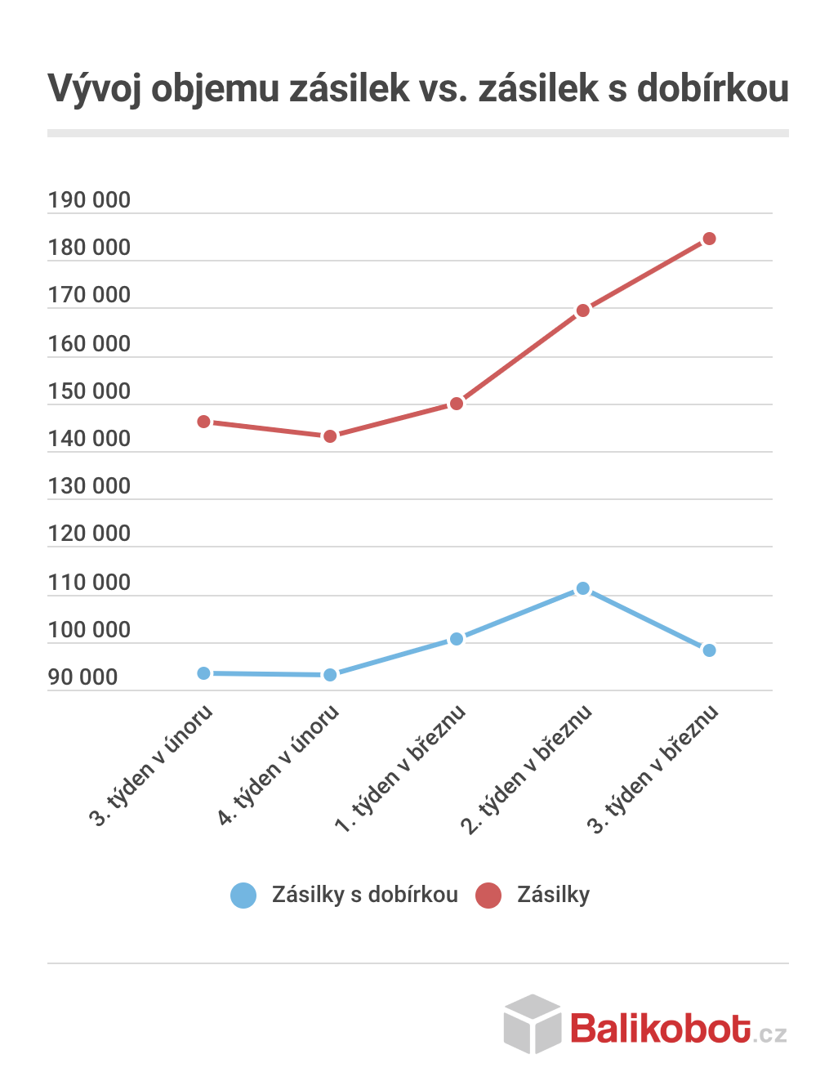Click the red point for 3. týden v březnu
pyautogui.click(x=709, y=239)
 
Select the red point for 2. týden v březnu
pyautogui.click(x=582, y=310)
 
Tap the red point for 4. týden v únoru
pyautogui.click(x=330, y=436)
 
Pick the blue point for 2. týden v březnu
pyautogui.click(x=582, y=588)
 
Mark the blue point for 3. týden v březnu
pyautogui.click(x=709, y=650)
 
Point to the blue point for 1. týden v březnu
pyautogui.click(x=457, y=639)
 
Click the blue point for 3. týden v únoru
pyautogui.click(x=203, y=673)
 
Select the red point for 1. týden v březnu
pyautogui.click(x=457, y=404)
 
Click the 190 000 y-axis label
pyautogui.click(x=89, y=200)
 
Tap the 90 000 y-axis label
pyautogui.click(x=82, y=677)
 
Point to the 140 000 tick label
pyautogui.click(x=89, y=439)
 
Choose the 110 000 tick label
pyautogui.click(x=89, y=583)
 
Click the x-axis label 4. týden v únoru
pyautogui.click(x=278, y=766)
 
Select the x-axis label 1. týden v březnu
pyautogui.click(x=400, y=769)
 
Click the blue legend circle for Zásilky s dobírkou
pyautogui.click(x=243, y=896)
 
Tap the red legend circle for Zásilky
pyautogui.click(x=488, y=896)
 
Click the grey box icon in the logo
pyautogui.click(x=533, y=1024)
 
